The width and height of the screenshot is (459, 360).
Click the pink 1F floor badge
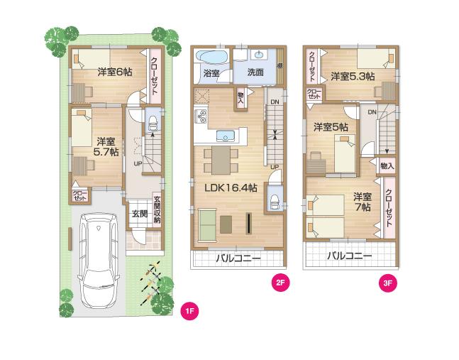click(190, 310)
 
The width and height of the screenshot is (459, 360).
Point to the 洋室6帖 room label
click(114, 72)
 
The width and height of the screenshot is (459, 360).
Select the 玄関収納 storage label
click(157, 211)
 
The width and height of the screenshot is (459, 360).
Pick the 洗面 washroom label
click(255, 72)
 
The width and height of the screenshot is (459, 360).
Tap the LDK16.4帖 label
click(228, 189)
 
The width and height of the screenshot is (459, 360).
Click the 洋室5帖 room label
click(331, 127)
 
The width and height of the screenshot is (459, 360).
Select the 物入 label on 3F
click(387, 165)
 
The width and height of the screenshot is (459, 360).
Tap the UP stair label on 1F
click(137, 165)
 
